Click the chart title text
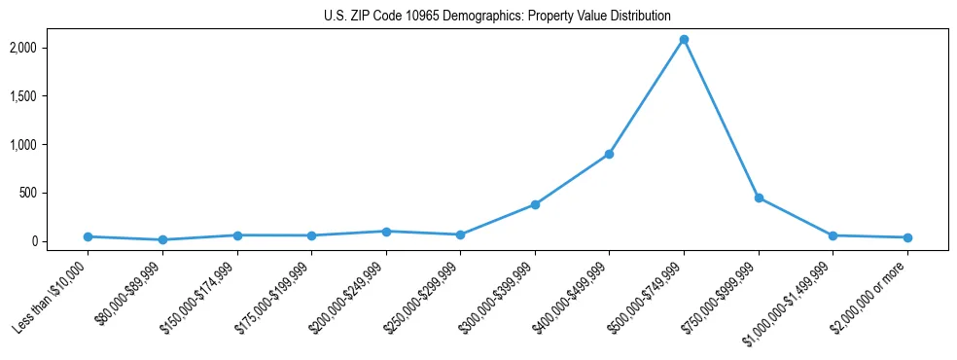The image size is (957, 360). [497, 16]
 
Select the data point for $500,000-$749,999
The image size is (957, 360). [684, 40]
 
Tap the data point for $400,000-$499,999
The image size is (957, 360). [609, 154]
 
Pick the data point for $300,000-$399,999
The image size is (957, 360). [535, 204]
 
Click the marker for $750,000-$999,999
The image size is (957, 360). [759, 198]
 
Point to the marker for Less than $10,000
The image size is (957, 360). [89, 236]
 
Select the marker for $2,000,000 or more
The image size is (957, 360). [907, 237]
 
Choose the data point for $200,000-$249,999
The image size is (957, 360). [386, 232]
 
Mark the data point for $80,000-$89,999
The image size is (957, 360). [162, 239]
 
